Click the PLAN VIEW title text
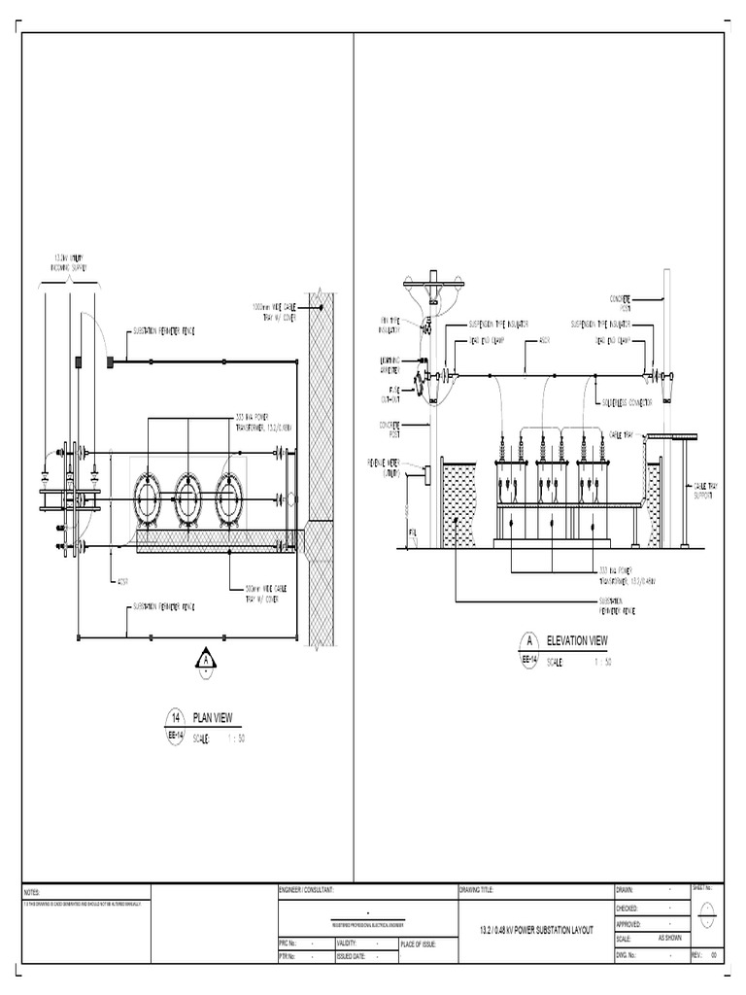coord(213,718)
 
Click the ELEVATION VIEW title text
coord(577,640)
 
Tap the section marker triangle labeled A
coord(206,660)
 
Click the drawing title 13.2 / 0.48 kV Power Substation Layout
coord(535,931)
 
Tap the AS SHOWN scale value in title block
coord(670,939)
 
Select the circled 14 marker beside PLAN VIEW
coord(176,718)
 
